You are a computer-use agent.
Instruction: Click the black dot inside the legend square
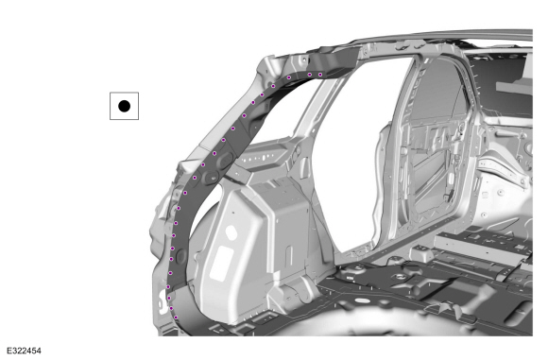(124, 106)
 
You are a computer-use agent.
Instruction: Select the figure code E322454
(24, 351)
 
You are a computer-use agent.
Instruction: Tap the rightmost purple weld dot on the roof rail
(320, 75)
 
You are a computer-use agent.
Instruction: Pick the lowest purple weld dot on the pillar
(176, 317)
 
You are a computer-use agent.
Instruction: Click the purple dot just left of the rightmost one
(309, 74)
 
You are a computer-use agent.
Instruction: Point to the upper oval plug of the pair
(227, 159)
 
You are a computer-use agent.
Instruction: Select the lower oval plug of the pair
(212, 177)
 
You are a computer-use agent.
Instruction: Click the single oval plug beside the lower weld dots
(181, 257)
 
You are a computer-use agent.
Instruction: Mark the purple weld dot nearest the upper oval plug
(214, 153)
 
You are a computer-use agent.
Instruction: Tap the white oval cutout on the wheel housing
(231, 232)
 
